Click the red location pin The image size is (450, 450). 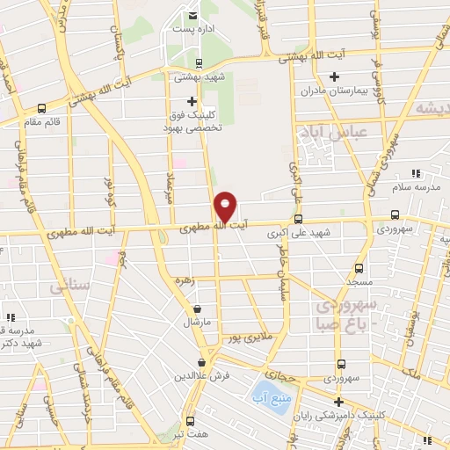(225, 206)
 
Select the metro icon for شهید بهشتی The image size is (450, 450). (199, 62)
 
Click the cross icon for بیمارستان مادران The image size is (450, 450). (334, 77)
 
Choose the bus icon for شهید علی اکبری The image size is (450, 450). (298, 219)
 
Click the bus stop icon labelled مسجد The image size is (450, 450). (358, 268)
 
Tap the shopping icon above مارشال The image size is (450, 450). (196, 308)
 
